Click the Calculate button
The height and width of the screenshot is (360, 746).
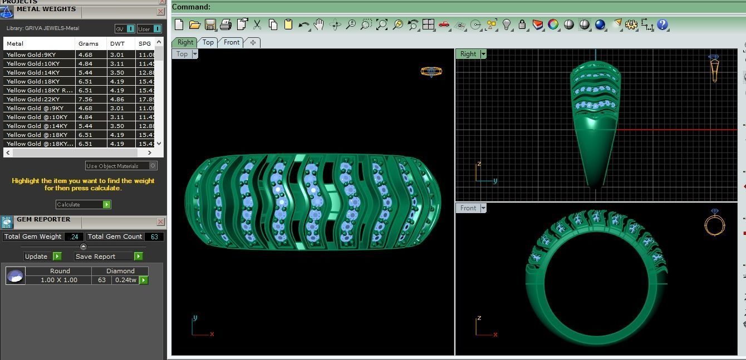pos(83,205)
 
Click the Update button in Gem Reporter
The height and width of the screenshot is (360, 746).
pos(42,257)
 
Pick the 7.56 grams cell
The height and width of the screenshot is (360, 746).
pos(85,99)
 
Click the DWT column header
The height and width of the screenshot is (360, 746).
pos(117,43)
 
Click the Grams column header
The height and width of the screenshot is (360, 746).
pos(88,43)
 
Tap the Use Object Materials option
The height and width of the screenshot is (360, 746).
pos(121,166)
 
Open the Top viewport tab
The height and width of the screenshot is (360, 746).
pos(208,42)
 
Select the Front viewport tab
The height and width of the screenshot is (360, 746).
pos(232,42)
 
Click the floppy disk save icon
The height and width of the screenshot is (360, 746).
pos(210,24)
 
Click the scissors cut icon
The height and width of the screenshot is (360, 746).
pos(257,24)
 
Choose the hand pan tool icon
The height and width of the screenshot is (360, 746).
pos(319,24)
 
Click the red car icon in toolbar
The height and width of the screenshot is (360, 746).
pos(444,24)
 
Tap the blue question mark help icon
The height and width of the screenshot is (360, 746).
pos(662,24)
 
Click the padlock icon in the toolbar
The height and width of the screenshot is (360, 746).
pos(522,24)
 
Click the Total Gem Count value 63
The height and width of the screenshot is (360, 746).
pos(154,237)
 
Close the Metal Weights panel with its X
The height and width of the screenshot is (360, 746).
pos(161,11)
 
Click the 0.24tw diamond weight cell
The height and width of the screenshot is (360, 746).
pos(125,280)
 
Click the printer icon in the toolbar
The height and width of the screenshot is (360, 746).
pos(225,24)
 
